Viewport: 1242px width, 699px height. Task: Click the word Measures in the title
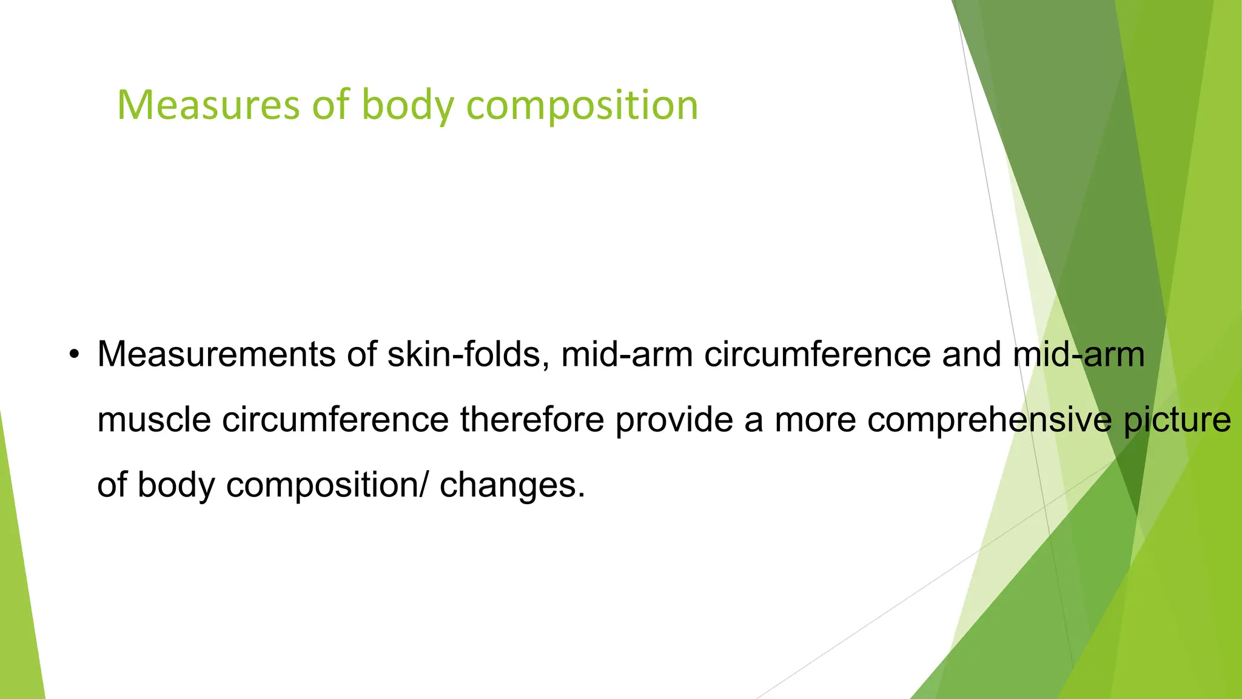(x=208, y=106)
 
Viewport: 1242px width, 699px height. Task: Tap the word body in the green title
(x=408, y=106)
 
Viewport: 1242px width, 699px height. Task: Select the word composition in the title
(x=582, y=106)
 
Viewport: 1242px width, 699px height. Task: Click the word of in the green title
(x=331, y=106)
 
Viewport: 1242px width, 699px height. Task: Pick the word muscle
(x=154, y=419)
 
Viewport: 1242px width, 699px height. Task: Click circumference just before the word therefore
(x=335, y=419)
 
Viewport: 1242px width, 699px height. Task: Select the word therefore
(x=532, y=419)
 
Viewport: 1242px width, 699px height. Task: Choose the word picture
(x=1177, y=419)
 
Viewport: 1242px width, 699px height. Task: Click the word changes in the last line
(x=512, y=485)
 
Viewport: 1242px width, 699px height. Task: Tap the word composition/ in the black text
(x=327, y=485)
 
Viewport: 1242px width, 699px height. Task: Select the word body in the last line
(x=176, y=485)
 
